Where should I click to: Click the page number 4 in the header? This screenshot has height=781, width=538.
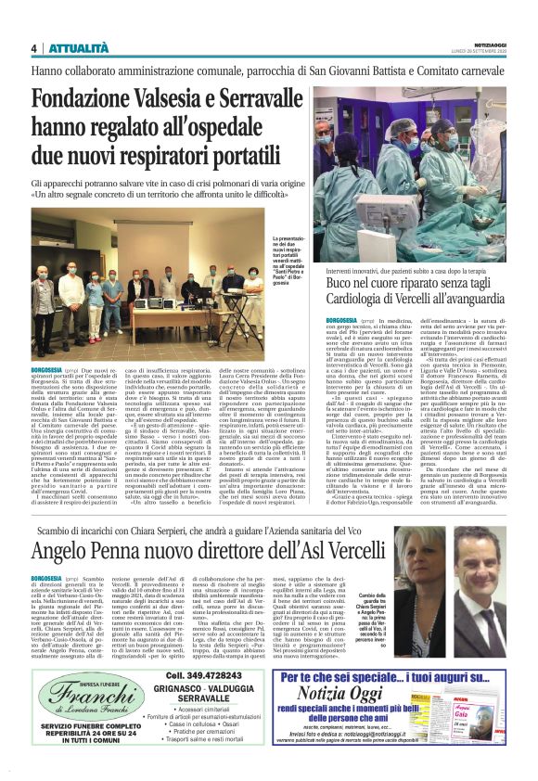point(33,48)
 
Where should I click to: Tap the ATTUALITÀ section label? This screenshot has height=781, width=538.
point(73,48)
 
